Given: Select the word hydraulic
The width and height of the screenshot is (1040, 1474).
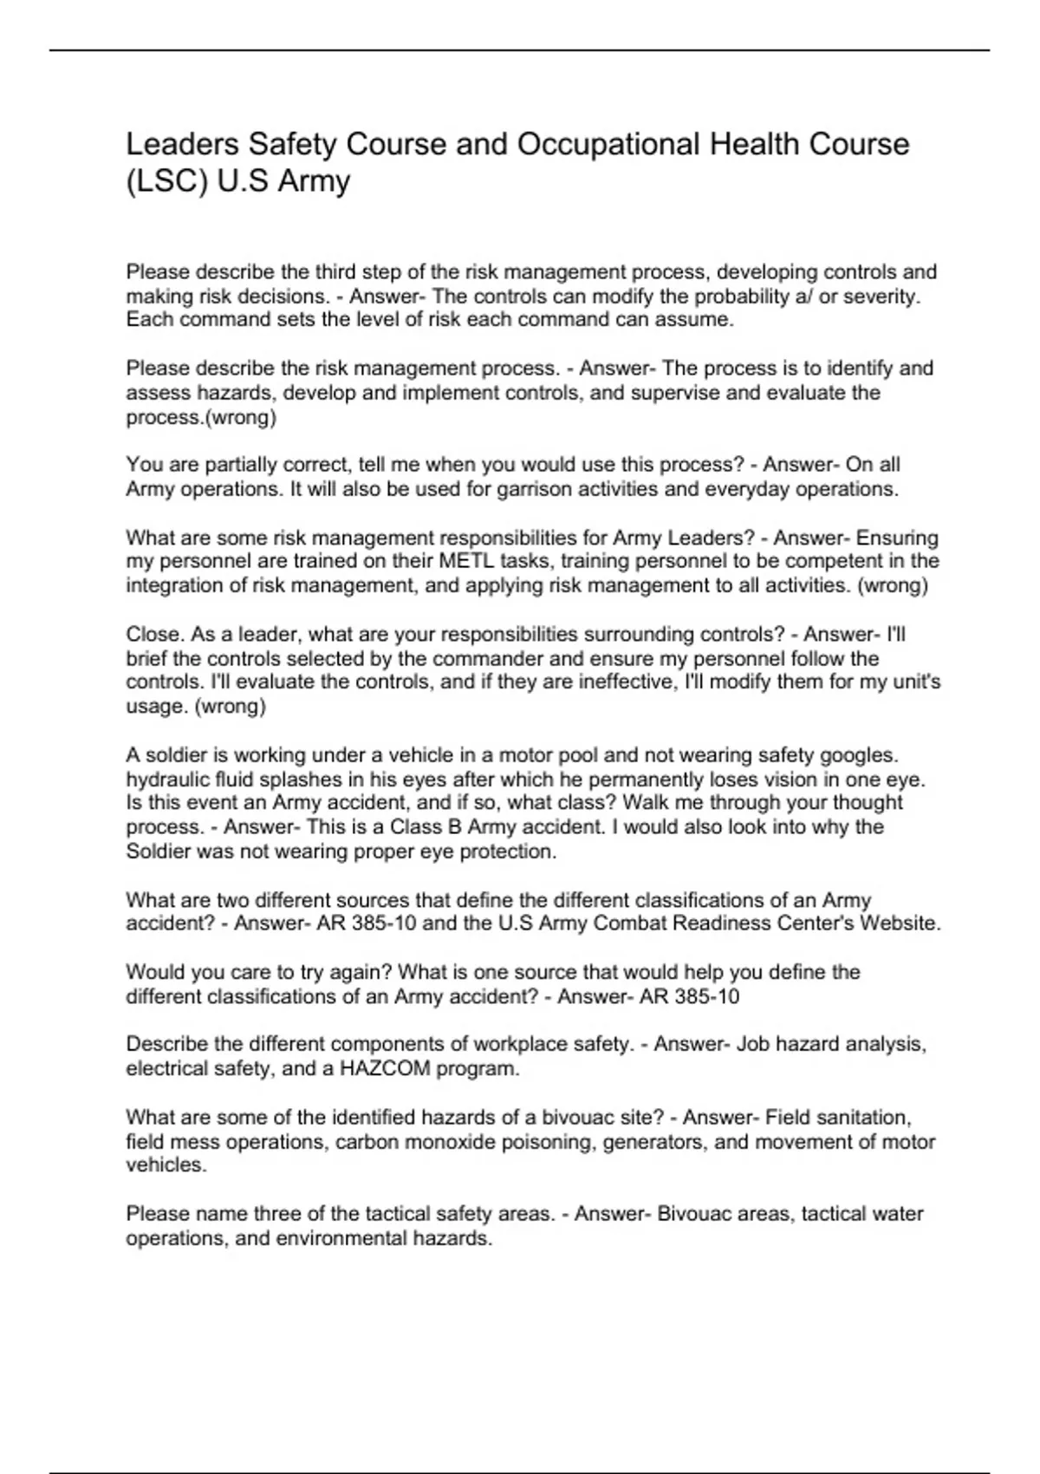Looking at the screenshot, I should pos(168,779).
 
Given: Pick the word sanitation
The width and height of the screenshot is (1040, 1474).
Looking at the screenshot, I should pos(860,1118).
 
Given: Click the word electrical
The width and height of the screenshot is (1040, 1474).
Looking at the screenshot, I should pos(168,1069).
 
